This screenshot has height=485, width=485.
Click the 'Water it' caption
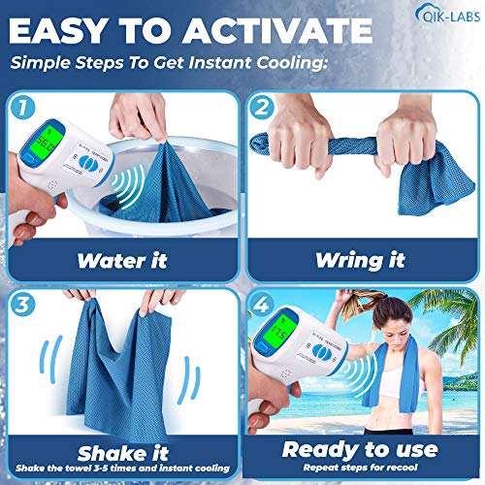[121, 260]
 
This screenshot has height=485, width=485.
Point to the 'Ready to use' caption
[361, 448]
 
